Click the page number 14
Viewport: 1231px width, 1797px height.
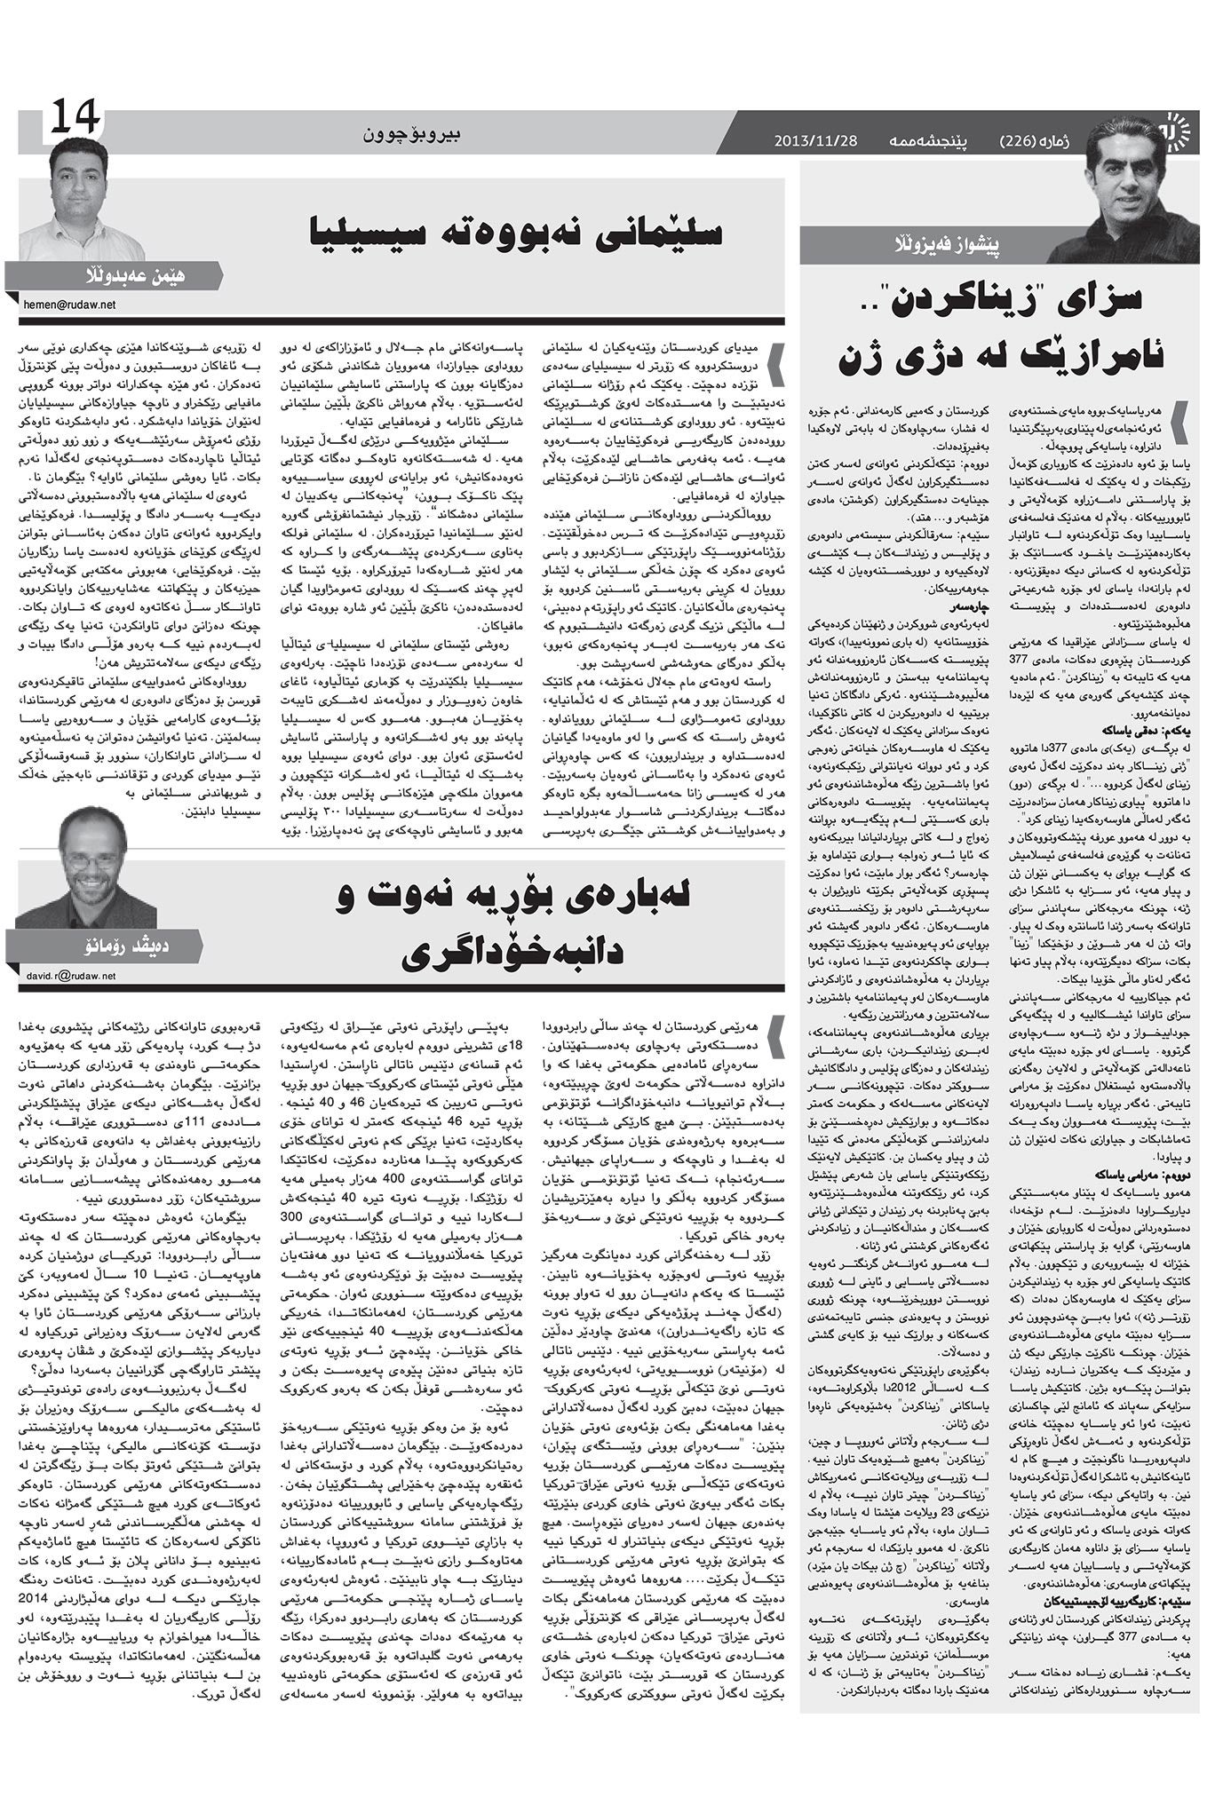click(x=75, y=117)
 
